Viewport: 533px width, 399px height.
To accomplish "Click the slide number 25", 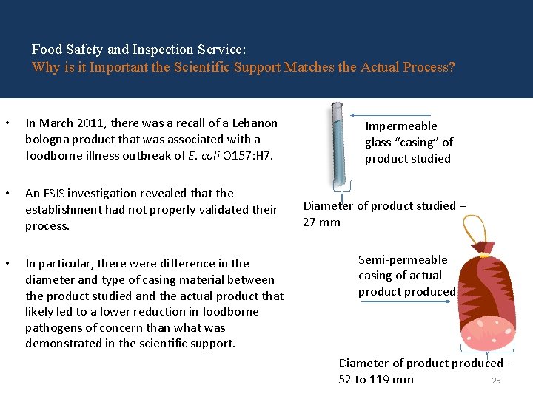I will (497, 381).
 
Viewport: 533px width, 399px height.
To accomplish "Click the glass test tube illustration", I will (337, 144).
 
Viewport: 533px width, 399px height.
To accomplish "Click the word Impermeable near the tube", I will (401, 126).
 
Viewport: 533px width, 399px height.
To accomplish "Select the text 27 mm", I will (321, 222).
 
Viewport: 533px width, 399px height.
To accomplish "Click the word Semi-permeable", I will (403, 260).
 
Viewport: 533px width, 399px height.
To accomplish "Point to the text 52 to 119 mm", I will (376, 380).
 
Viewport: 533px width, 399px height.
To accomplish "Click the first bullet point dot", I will (6, 123).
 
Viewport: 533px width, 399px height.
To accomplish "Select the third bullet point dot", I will (6, 264).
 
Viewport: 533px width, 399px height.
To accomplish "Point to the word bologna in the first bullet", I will (46, 139).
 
